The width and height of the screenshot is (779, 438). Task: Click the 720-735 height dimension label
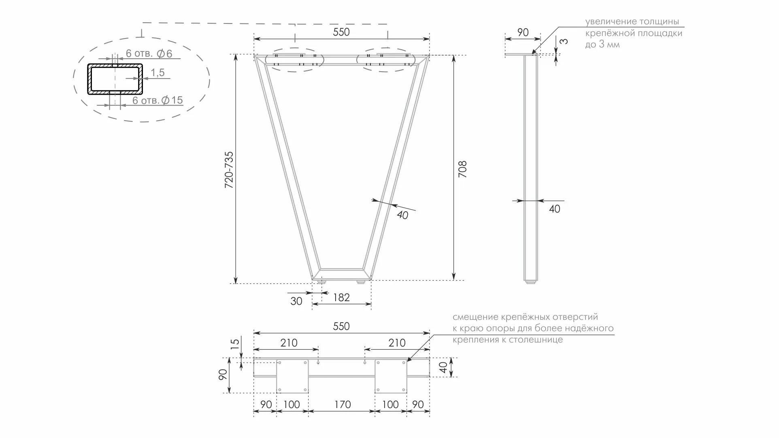tap(229, 170)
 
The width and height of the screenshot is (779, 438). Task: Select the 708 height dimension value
tap(462, 169)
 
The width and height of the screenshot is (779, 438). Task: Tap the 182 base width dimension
tap(341, 298)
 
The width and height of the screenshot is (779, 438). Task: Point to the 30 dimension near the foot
tap(296, 301)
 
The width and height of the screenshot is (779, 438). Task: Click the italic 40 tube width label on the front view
tap(402, 215)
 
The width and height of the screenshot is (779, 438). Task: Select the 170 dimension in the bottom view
tap(342, 404)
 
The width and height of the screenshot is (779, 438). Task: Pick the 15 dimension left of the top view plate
tap(235, 344)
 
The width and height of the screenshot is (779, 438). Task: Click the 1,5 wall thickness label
tap(158, 72)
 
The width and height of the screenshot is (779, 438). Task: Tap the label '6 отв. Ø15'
tap(158, 100)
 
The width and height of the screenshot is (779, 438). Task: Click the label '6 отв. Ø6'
tap(149, 53)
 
